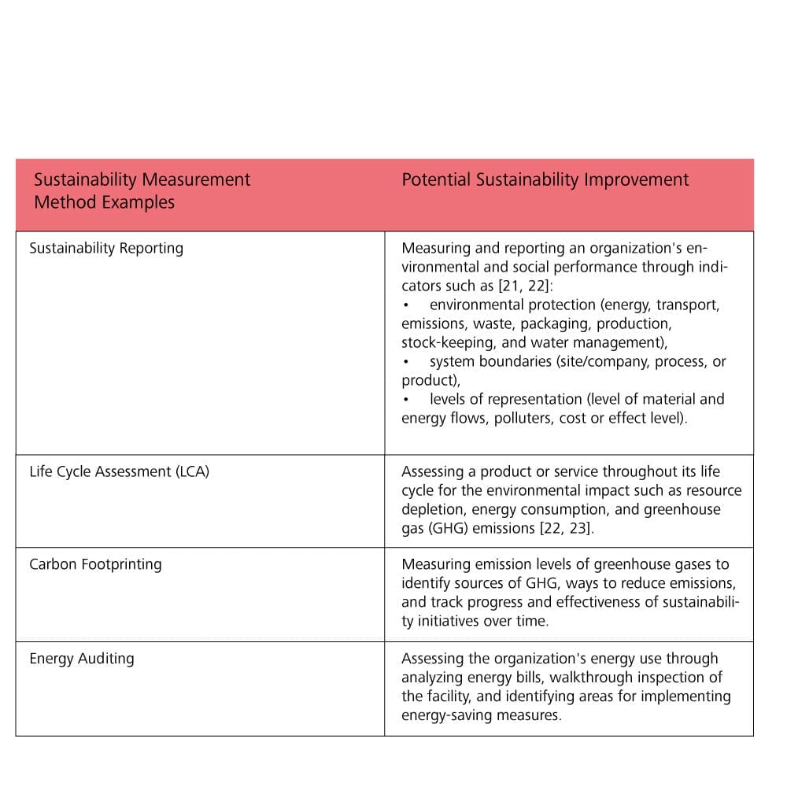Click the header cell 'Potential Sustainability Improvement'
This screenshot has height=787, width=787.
click(545, 179)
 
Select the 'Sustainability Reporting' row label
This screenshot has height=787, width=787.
click(106, 248)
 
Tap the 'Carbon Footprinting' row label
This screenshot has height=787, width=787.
click(95, 564)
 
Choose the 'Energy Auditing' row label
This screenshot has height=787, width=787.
click(82, 659)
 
